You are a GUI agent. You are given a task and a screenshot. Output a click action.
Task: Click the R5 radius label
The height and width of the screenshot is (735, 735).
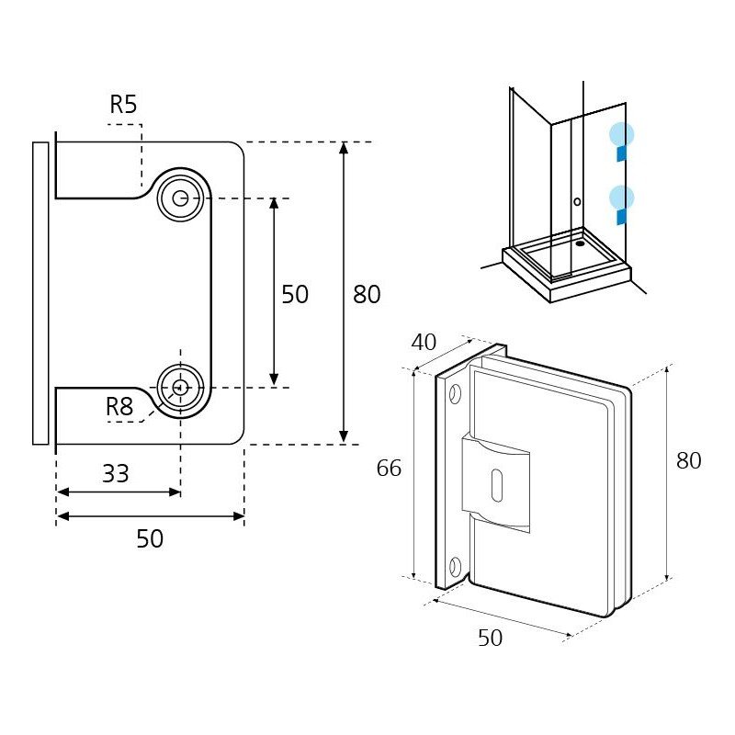(x=123, y=104)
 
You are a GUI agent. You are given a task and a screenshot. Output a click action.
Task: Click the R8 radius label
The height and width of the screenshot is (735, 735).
(x=119, y=406)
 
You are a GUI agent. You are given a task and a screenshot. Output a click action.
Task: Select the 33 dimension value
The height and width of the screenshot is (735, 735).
(x=116, y=473)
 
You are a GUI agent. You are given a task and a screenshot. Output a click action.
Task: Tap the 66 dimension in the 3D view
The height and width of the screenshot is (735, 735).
(x=389, y=468)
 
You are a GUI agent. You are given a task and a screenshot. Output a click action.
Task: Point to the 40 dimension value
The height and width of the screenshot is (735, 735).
(x=424, y=342)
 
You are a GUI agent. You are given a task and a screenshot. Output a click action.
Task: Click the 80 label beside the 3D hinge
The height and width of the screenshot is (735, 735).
(x=688, y=461)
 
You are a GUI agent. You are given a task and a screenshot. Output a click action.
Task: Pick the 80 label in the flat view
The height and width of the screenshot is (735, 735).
(x=367, y=294)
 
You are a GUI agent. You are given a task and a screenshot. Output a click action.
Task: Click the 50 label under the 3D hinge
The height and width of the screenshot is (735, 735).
(x=491, y=638)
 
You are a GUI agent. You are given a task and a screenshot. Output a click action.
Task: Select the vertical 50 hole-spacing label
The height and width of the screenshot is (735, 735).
(x=295, y=294)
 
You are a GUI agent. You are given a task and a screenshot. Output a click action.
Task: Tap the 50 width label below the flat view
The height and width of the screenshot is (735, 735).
(x=150, y=538)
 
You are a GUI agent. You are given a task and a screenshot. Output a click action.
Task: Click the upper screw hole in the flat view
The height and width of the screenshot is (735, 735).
(x=180, y=198)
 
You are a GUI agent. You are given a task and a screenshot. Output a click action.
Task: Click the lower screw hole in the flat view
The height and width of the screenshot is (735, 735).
(x=180, y=388)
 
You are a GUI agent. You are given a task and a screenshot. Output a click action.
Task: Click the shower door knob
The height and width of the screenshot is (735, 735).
(x=577, y=201)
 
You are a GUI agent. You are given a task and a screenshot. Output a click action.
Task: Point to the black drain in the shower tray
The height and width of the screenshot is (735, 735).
(x=580, y=243)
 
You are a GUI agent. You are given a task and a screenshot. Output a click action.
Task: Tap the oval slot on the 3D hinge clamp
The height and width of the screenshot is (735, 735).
(x=496, y=485)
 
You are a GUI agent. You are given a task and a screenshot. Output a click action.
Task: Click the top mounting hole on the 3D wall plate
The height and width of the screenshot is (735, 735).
(x=455, y=394)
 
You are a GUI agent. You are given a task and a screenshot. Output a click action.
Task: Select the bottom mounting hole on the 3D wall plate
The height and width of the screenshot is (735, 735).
(x=455, y=567)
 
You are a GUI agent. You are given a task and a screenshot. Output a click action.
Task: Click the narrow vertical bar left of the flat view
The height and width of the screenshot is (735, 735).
(x=40, y=293)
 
